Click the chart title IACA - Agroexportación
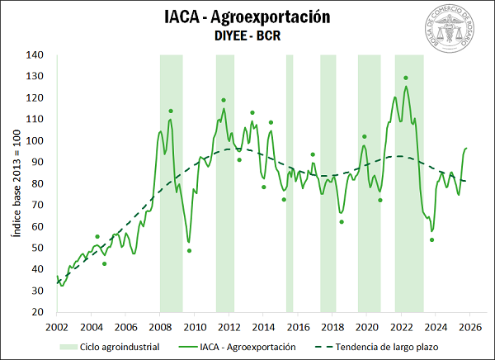click(x=247, y=17)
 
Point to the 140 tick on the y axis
click(x=35, y=55)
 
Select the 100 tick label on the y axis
click(x=35, y=141)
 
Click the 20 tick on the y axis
click(x=38, y=312)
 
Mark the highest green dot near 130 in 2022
click(x=406, y=78)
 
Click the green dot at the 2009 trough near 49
click(x=189, y=250)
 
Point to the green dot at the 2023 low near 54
click(x=431, y=240)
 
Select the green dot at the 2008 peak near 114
click(x=171, y=111)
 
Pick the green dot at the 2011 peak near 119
click(x=224, y=101)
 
